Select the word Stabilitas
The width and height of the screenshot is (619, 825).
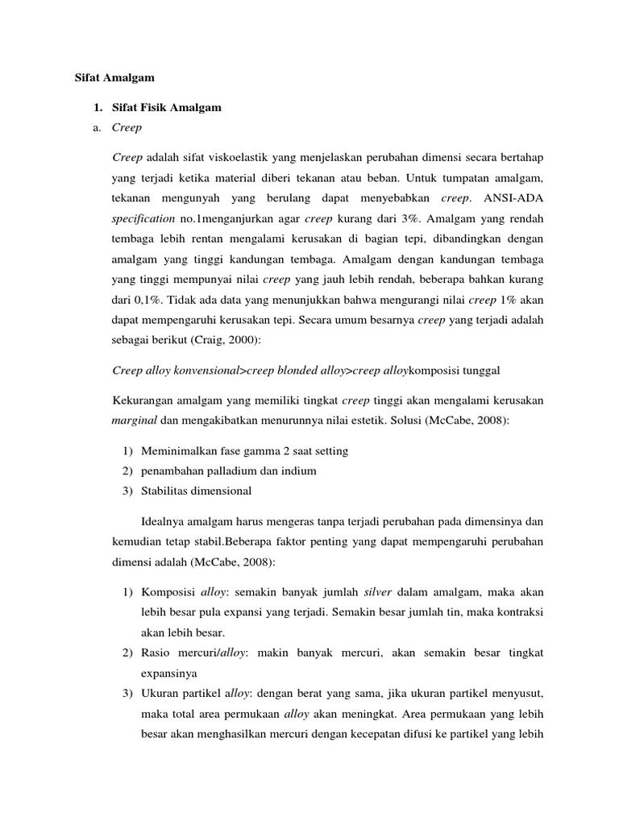tap(166, 491)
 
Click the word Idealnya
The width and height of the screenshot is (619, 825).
tap(165, 520)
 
